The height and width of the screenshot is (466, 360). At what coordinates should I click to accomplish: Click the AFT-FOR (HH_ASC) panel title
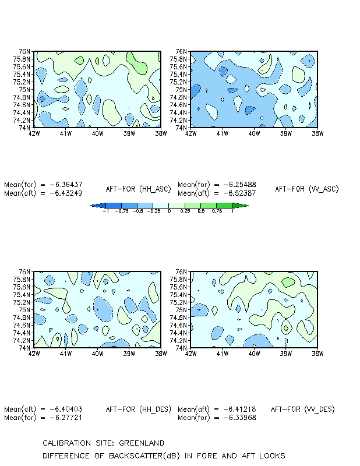[139, 189]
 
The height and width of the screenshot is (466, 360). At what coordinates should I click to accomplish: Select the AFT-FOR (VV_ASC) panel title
[307, 189]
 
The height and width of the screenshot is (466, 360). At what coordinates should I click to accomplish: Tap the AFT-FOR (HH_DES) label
[139, 409]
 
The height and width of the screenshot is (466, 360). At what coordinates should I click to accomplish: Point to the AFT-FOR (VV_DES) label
[303, 409]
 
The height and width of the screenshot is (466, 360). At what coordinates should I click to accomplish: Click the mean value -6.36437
[66, 185]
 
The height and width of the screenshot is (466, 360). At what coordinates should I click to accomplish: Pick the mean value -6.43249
[66, 193]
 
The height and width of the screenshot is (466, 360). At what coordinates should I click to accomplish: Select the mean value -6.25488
[239, 185]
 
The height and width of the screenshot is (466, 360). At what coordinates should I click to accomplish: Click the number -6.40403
[66, 409]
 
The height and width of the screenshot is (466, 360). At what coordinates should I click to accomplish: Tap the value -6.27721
[66, 418]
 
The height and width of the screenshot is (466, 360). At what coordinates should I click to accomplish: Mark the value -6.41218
[239, 409]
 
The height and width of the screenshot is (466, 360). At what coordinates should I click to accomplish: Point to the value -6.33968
[239, 418]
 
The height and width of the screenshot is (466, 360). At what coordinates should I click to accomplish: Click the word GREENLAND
[142, 443]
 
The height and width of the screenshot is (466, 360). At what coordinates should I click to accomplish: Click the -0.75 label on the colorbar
[122, 211]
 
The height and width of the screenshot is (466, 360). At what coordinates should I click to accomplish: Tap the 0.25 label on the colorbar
[185, 211]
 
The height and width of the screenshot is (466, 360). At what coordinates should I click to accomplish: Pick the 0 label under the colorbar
[169, 211]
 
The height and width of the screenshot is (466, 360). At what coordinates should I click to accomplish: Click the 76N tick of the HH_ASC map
[24, 51]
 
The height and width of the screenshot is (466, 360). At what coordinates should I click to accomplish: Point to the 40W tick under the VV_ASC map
[254, 133]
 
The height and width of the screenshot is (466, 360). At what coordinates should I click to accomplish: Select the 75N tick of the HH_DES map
[24, 310]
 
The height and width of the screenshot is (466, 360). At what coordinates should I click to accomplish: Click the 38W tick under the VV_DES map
[317, 354]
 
